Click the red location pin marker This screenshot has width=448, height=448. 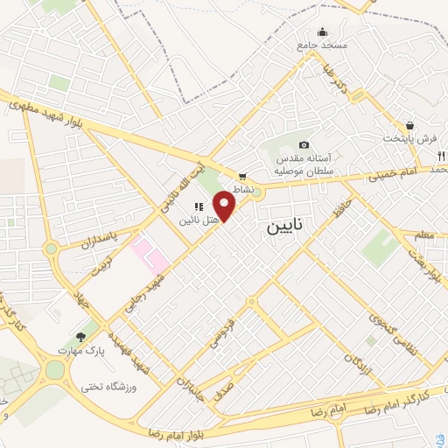pos(226,206)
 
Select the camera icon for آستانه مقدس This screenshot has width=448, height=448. pos(304,145)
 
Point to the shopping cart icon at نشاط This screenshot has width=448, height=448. pos(242,176)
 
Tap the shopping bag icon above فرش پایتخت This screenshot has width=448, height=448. pos(409,125)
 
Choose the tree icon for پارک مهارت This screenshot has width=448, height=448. pos(81,336)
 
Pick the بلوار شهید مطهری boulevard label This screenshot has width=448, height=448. pos(45,108)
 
